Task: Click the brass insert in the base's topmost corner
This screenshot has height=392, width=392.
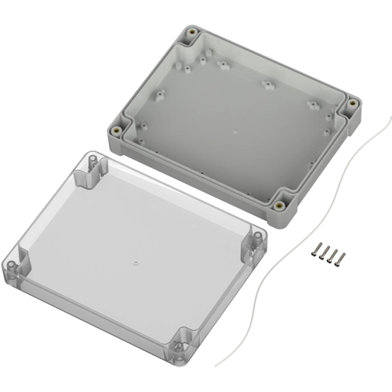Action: [191, 34]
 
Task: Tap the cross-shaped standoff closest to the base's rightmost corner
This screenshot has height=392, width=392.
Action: [312, 105]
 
